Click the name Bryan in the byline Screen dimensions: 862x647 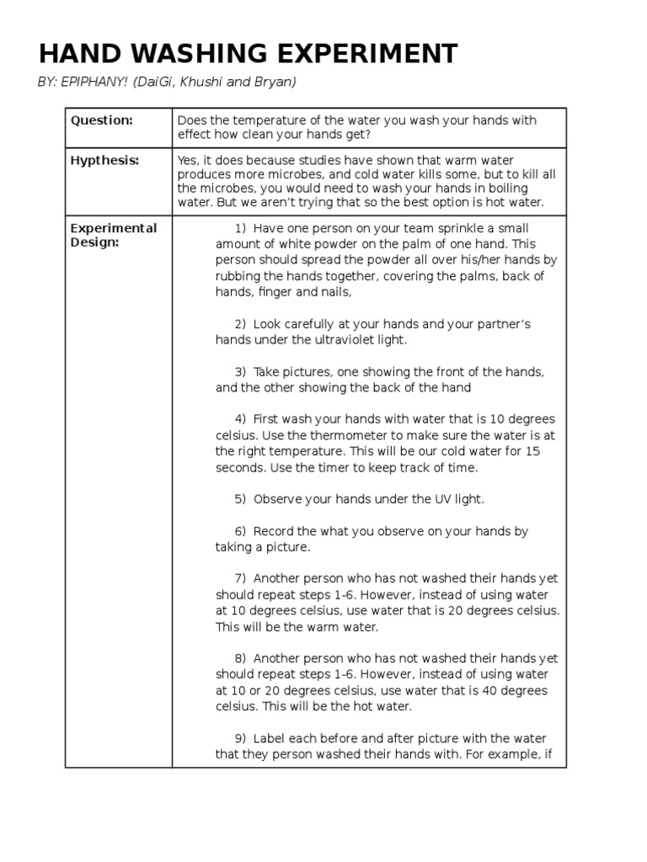coord(277,82)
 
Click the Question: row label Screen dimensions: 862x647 coord(101,120)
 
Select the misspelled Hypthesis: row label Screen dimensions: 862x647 coord(104,160)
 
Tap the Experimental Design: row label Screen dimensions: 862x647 coord(113,236)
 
